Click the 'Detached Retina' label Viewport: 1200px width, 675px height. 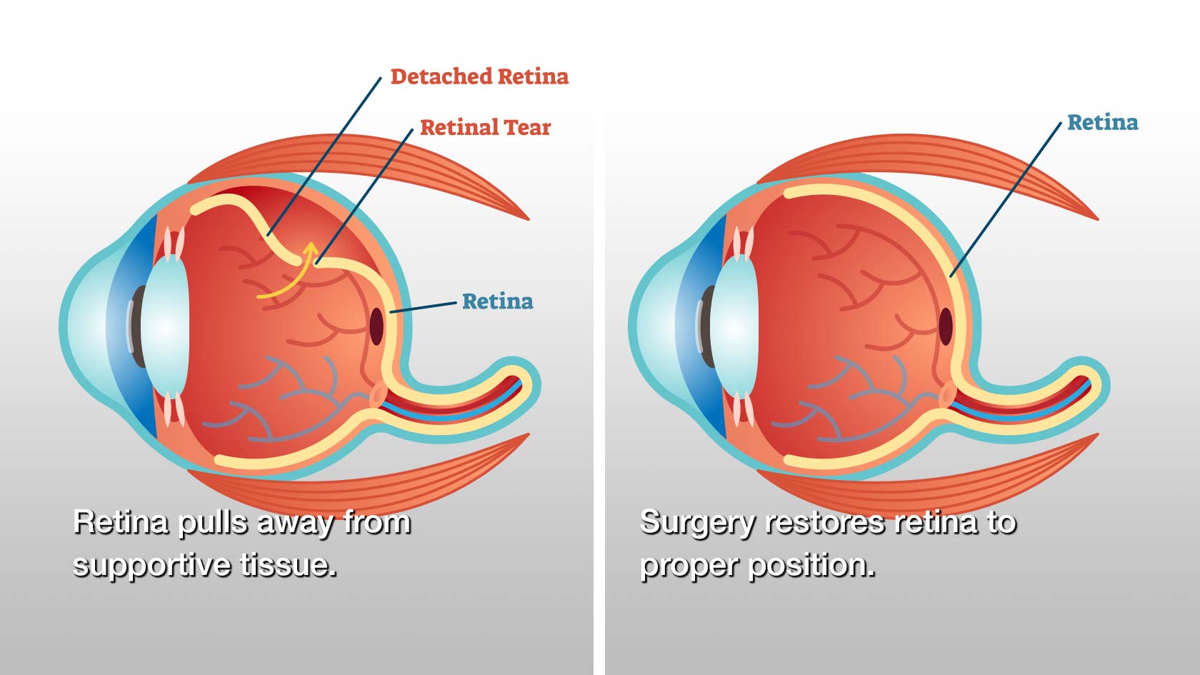point(479,76)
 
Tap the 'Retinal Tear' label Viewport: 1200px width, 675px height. point(485,127)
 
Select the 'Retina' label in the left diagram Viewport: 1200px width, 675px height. point(497,301)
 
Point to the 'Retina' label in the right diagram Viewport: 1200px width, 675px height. point(1102,122)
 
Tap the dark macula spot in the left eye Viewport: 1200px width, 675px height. point(376,326)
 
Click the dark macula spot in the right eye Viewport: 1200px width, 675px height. point(946,326)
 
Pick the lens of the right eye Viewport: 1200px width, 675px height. point(735,327)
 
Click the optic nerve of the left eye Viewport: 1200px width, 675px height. point(464,400)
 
